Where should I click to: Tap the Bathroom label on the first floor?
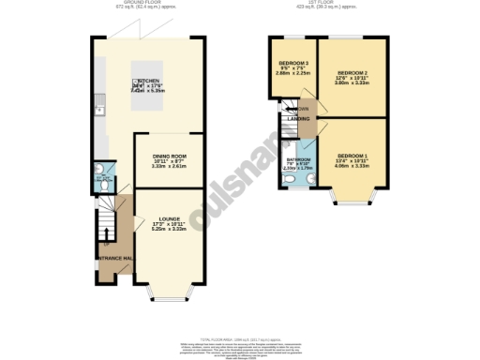click(x=298, y=160)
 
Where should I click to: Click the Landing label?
click(x=299, y=119)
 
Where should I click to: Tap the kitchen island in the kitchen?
click(x=151, y=88)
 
